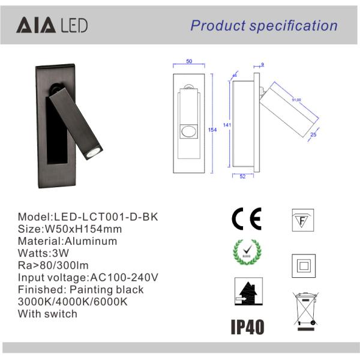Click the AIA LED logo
52,25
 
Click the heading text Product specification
264,25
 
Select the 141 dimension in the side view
227,125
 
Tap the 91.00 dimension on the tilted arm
296,100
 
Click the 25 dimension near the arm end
313,136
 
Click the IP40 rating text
247,327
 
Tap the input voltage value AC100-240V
123,277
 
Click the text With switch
47,313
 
